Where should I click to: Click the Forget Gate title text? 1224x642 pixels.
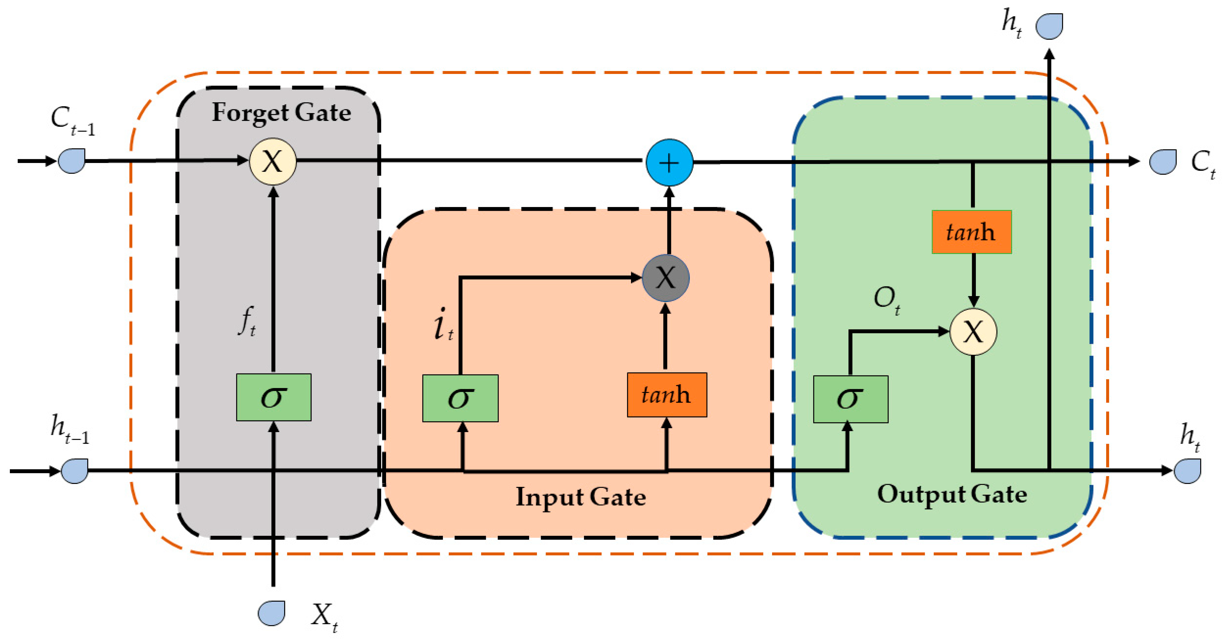[281, 113]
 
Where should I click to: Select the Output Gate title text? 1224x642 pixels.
[952, 494]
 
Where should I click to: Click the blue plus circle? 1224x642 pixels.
[669, 162]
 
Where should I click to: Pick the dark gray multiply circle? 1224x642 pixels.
[665, 278]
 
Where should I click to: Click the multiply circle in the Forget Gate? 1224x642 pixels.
[273, 162]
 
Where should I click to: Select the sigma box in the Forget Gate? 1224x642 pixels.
[274, 397]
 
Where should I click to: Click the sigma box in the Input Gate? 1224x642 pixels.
[460, 398]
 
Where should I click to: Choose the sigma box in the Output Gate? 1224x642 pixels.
[850, 399]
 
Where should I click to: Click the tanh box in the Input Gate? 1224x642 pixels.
[667, 395]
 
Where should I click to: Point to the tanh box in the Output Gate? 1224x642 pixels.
[971, 232]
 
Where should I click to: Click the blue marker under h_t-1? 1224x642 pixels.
[75, 471]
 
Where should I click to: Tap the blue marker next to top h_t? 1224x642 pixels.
[1049, 26]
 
